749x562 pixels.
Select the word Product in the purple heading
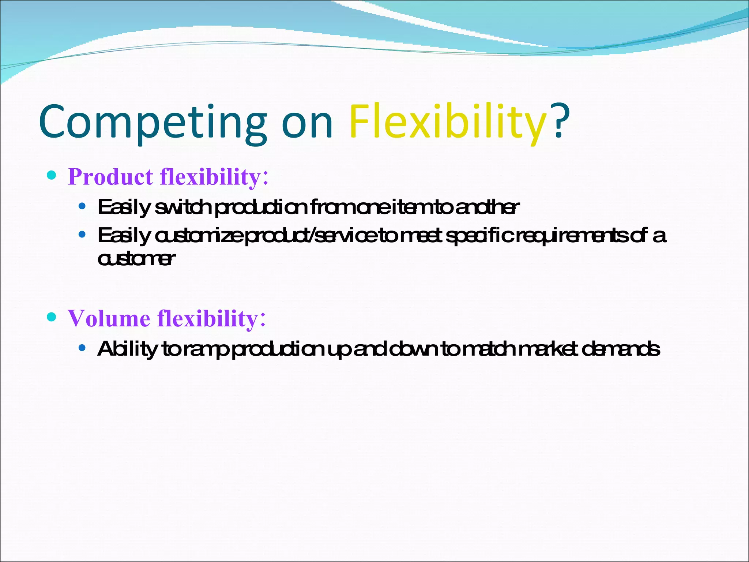(110, 177)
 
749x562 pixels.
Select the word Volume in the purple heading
(109, 318)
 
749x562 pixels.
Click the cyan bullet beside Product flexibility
(52, 175)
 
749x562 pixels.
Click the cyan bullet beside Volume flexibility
(52, 316)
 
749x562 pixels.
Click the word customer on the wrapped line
(136, 259)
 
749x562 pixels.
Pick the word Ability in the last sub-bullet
(127, 349)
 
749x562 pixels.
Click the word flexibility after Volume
(208, 318)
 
